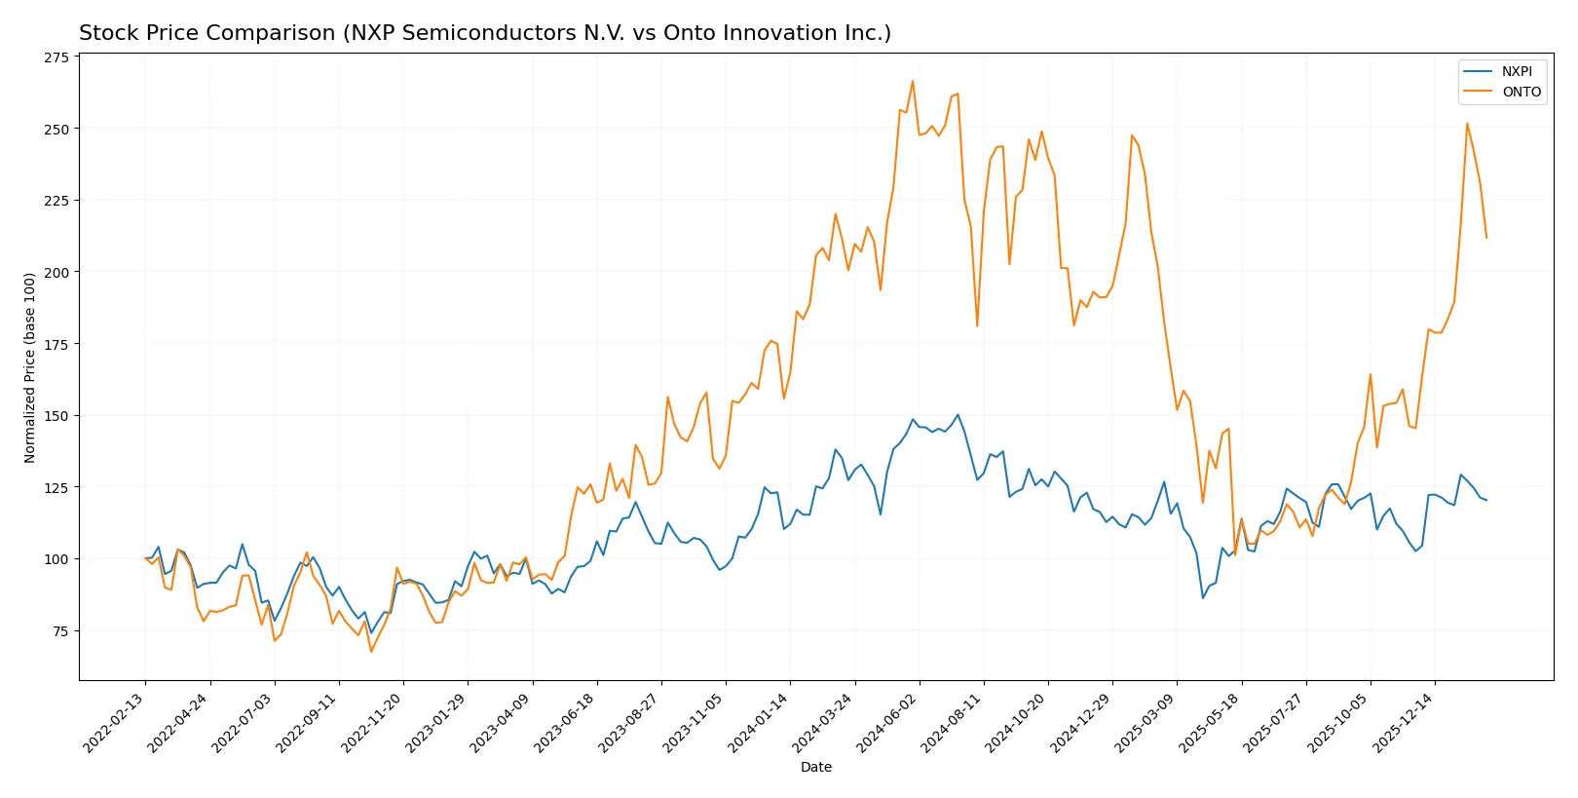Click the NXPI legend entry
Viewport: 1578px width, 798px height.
(x=1516, y=71)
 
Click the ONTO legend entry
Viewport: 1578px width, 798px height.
(x=1521, y=92)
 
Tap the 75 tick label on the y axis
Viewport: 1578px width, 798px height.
(x=60, y=631)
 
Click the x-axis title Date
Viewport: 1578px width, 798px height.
(x=815, y=768)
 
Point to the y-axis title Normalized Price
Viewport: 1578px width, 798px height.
(x=29, y=367)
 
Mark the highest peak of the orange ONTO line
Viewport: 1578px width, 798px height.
(x=913, y=81)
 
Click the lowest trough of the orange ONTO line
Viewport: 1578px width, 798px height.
(x=371, y=651)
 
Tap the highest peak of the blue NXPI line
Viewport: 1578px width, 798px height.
(x=958, y=414)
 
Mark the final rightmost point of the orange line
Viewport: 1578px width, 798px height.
(x=1486, y=238)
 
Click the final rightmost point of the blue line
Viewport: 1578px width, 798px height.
(x=1486, y=500)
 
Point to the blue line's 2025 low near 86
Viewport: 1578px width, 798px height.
(x=1203, y=597)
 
